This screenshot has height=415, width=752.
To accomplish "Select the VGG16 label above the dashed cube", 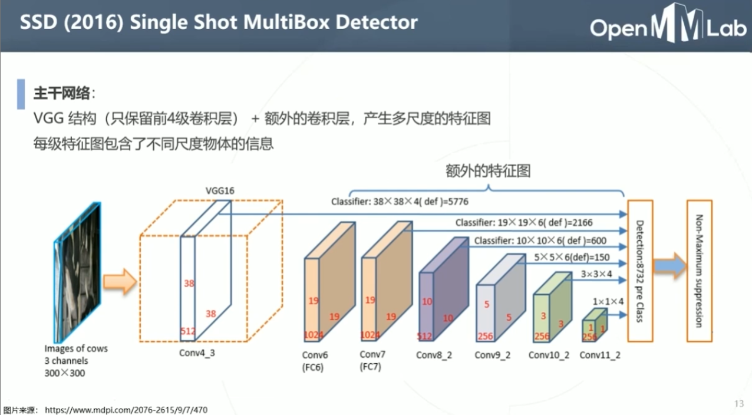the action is coord(220,191).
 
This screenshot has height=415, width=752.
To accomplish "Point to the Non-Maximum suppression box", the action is coord(699,271).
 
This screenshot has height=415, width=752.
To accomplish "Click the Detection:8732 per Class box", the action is coord(640,271).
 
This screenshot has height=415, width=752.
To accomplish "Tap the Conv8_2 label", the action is coord(434,355).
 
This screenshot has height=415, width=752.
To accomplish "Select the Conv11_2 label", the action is coord(600,355).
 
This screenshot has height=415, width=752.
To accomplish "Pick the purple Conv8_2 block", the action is coord(443,292).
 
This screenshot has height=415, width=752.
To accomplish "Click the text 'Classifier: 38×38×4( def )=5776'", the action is coord(400,202).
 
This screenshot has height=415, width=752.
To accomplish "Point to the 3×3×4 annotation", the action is coord(596,274).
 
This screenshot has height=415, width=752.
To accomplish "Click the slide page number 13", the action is coord(739,403).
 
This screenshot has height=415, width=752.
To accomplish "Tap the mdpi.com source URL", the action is coord(126,410).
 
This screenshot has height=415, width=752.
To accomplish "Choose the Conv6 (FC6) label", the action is coord(315,361).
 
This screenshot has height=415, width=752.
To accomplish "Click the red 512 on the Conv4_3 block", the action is coord(188,331).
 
